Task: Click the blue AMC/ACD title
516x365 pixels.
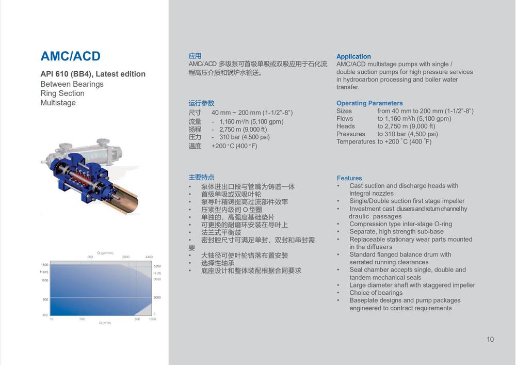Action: point(70,56)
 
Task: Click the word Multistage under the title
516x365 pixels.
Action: point(58,103)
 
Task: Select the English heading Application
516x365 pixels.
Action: point(353,57)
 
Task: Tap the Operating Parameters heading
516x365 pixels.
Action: point(369,103)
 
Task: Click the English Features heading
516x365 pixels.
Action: point(349,178)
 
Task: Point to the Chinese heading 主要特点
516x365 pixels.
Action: point(201,178)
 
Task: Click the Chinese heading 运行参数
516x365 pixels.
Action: point(201,103)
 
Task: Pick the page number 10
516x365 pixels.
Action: point(490,339)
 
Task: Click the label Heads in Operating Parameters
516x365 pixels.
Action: point(346,126)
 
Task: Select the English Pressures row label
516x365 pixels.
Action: point(350,134)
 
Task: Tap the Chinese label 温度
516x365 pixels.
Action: point(195,146)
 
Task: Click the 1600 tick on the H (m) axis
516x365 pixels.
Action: point(45,265)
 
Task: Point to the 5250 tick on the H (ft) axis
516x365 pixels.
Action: point(157,266)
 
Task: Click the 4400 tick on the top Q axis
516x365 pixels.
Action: point(149,257)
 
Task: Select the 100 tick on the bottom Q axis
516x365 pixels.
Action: point(82,319)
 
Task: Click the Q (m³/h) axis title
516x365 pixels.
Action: point(105,323)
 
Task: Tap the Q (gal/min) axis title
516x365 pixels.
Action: point(105,253)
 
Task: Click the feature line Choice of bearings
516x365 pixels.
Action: point(376,293)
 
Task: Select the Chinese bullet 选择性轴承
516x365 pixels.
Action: point(218,263)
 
